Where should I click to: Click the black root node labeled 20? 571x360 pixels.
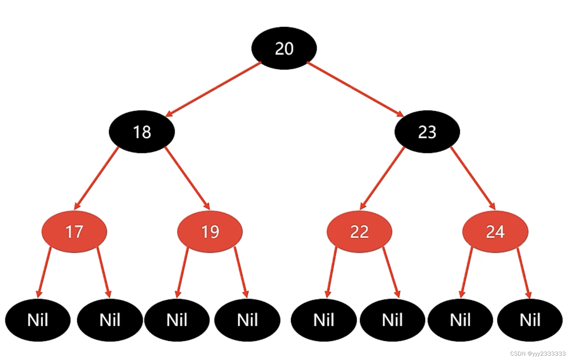coord(284,48)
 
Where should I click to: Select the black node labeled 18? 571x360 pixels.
coord(142,132)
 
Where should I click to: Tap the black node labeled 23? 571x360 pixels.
coord(427,132)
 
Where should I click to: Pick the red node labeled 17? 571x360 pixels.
coord(74,232)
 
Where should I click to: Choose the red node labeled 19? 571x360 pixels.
coord(210,232)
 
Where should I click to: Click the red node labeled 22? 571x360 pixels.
coord(359,232)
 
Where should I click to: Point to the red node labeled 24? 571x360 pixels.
coord(495,232)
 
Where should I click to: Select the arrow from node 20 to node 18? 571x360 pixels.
coord(213,89)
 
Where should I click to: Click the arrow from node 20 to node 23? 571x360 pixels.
coord(355,89)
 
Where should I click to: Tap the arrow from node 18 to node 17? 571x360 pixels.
coord(96,178)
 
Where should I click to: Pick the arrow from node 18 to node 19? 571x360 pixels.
coord(187,178)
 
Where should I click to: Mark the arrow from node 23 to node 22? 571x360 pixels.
coord(383,178)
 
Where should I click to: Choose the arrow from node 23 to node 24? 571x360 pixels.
coord(473,178)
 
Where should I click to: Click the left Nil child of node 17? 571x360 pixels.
coord(38,320)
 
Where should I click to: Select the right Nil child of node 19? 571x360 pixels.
coord(247,320)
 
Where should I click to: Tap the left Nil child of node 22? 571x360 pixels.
coord(324,320)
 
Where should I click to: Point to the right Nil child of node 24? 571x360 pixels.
coord(530,320)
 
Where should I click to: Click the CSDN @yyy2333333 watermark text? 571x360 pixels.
coord(538,354)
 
